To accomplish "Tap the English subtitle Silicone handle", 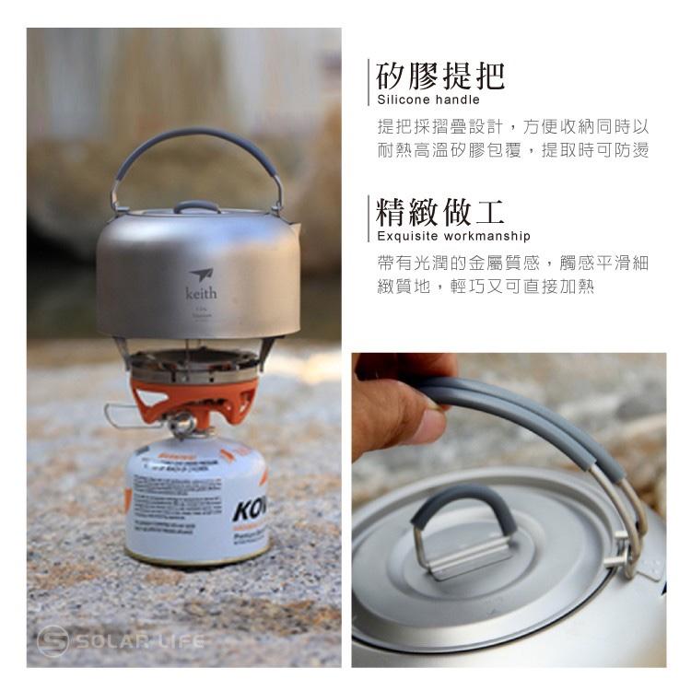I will tap(428, 100).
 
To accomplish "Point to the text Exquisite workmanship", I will tap(454, 237).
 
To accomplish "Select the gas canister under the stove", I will tap(195, 502).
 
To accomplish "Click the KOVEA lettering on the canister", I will tap(250, 510).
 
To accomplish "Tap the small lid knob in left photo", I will tap(196, 206).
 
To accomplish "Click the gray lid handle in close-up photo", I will tap(462, 507).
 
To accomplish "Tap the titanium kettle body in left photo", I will tap(198, 276).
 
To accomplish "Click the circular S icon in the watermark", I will tap(53, 640).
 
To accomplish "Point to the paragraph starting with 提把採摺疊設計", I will tap(513, 138).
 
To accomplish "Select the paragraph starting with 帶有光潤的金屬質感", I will tap(513, 275).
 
